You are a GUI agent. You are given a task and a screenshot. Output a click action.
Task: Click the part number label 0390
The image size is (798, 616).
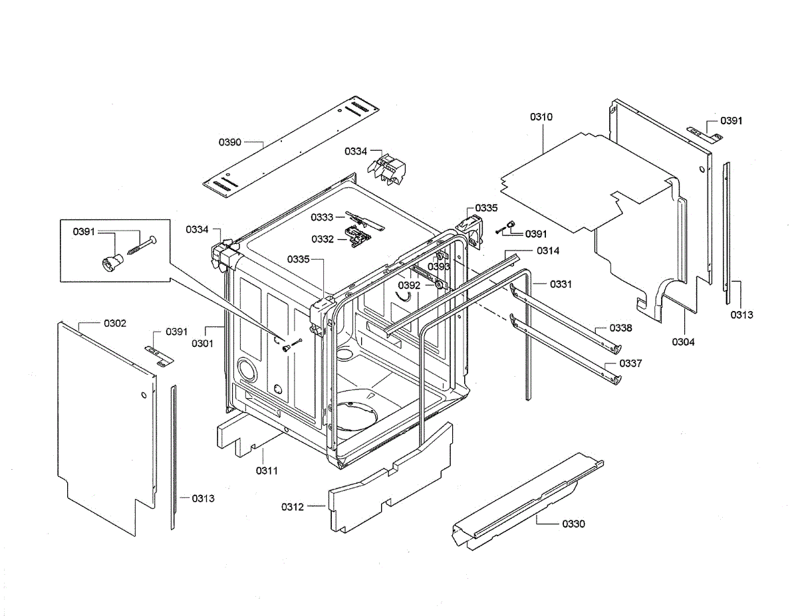[229, 142]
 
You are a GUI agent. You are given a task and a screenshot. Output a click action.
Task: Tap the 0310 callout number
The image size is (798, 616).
[541, 117]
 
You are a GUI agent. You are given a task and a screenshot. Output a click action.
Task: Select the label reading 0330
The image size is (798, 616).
[573, 524]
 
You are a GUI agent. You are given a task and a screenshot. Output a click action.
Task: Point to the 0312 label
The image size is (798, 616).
[292, 507]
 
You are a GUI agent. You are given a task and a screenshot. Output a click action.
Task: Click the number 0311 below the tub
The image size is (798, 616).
[266, 470]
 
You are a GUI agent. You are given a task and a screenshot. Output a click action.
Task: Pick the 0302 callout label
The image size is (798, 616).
[114, 323]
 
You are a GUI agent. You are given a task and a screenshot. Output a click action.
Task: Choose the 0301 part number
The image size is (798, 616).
[202, 344]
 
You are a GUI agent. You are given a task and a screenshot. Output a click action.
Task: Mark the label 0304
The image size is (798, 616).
[684, 342]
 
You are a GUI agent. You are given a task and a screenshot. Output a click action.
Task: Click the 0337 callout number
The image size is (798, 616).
[630, 363]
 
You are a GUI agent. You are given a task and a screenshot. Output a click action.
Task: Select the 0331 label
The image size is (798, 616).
[561, 284]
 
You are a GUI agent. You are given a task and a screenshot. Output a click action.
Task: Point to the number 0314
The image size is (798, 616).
[549, 251]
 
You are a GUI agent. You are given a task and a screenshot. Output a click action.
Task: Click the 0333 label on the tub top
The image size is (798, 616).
[322, 217]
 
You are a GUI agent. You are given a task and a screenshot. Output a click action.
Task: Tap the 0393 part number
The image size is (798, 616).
[439, 266]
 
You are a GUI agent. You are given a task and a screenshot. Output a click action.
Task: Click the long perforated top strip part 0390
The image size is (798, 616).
[293, 146]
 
